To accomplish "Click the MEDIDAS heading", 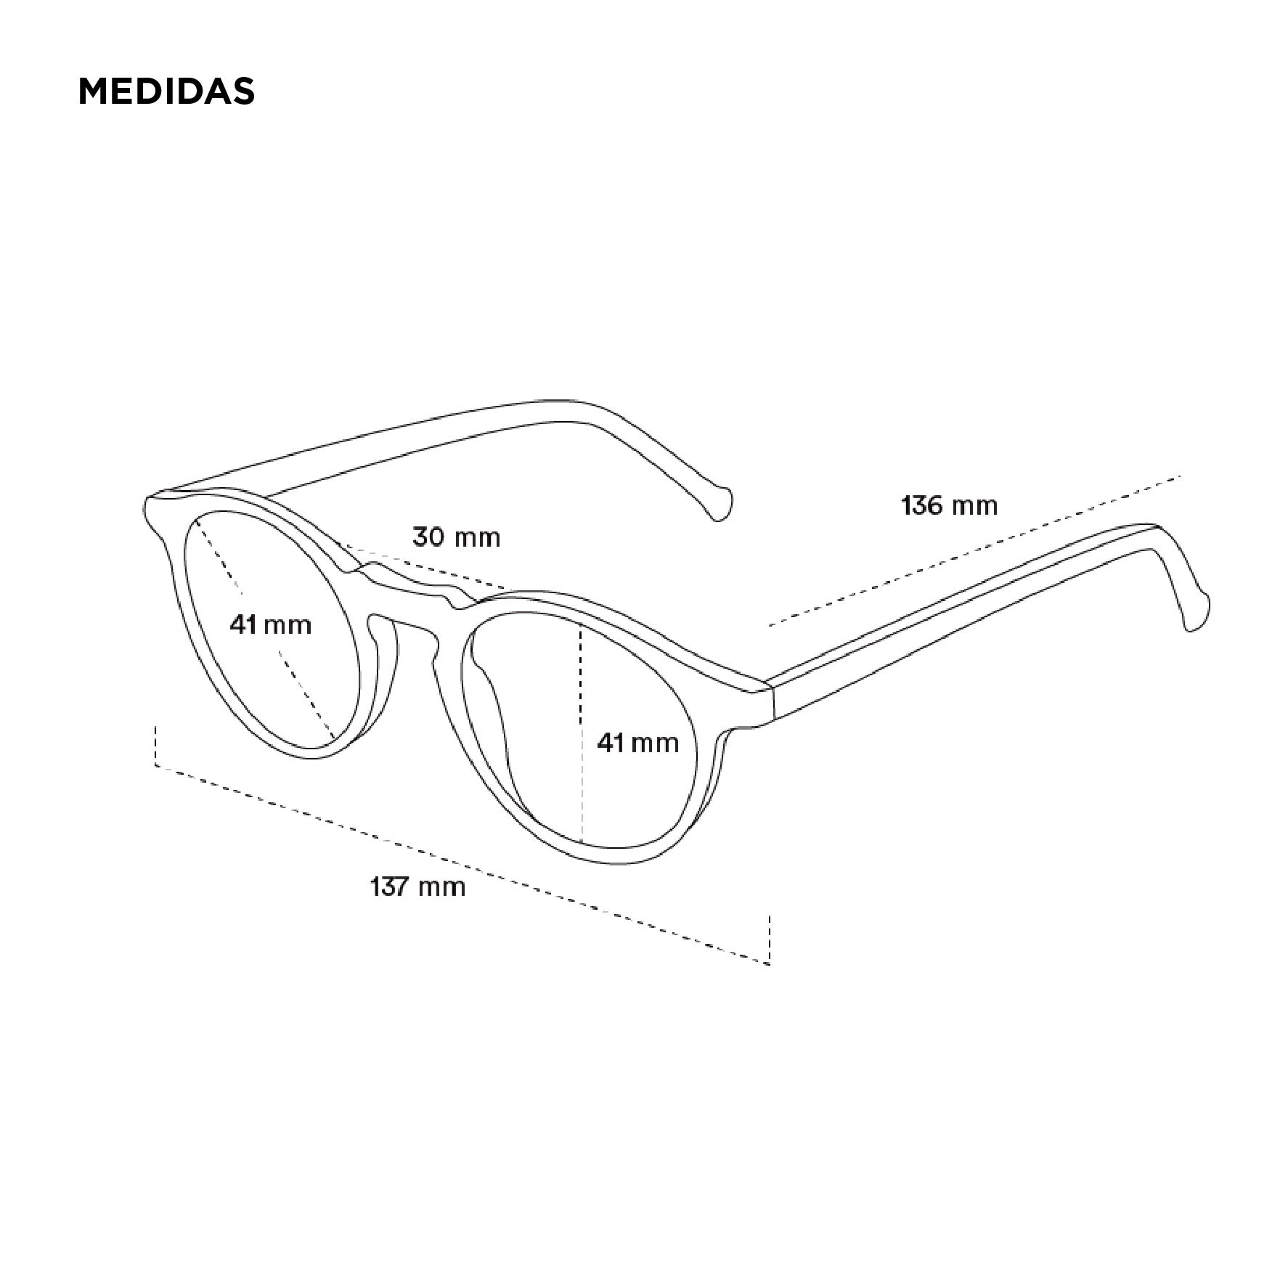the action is [x=166, y=91].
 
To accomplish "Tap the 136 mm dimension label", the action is [x=949, y=505].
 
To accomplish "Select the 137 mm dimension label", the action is [x=417, y=886].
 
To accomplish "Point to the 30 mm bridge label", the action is [x=457, y=537].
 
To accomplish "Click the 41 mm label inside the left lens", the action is [x=270, y=624].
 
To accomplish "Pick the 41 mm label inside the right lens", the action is [x=638, y=742].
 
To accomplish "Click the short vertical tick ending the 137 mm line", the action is [x=770, y=939].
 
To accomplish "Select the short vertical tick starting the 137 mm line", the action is [x=155, y=745].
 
